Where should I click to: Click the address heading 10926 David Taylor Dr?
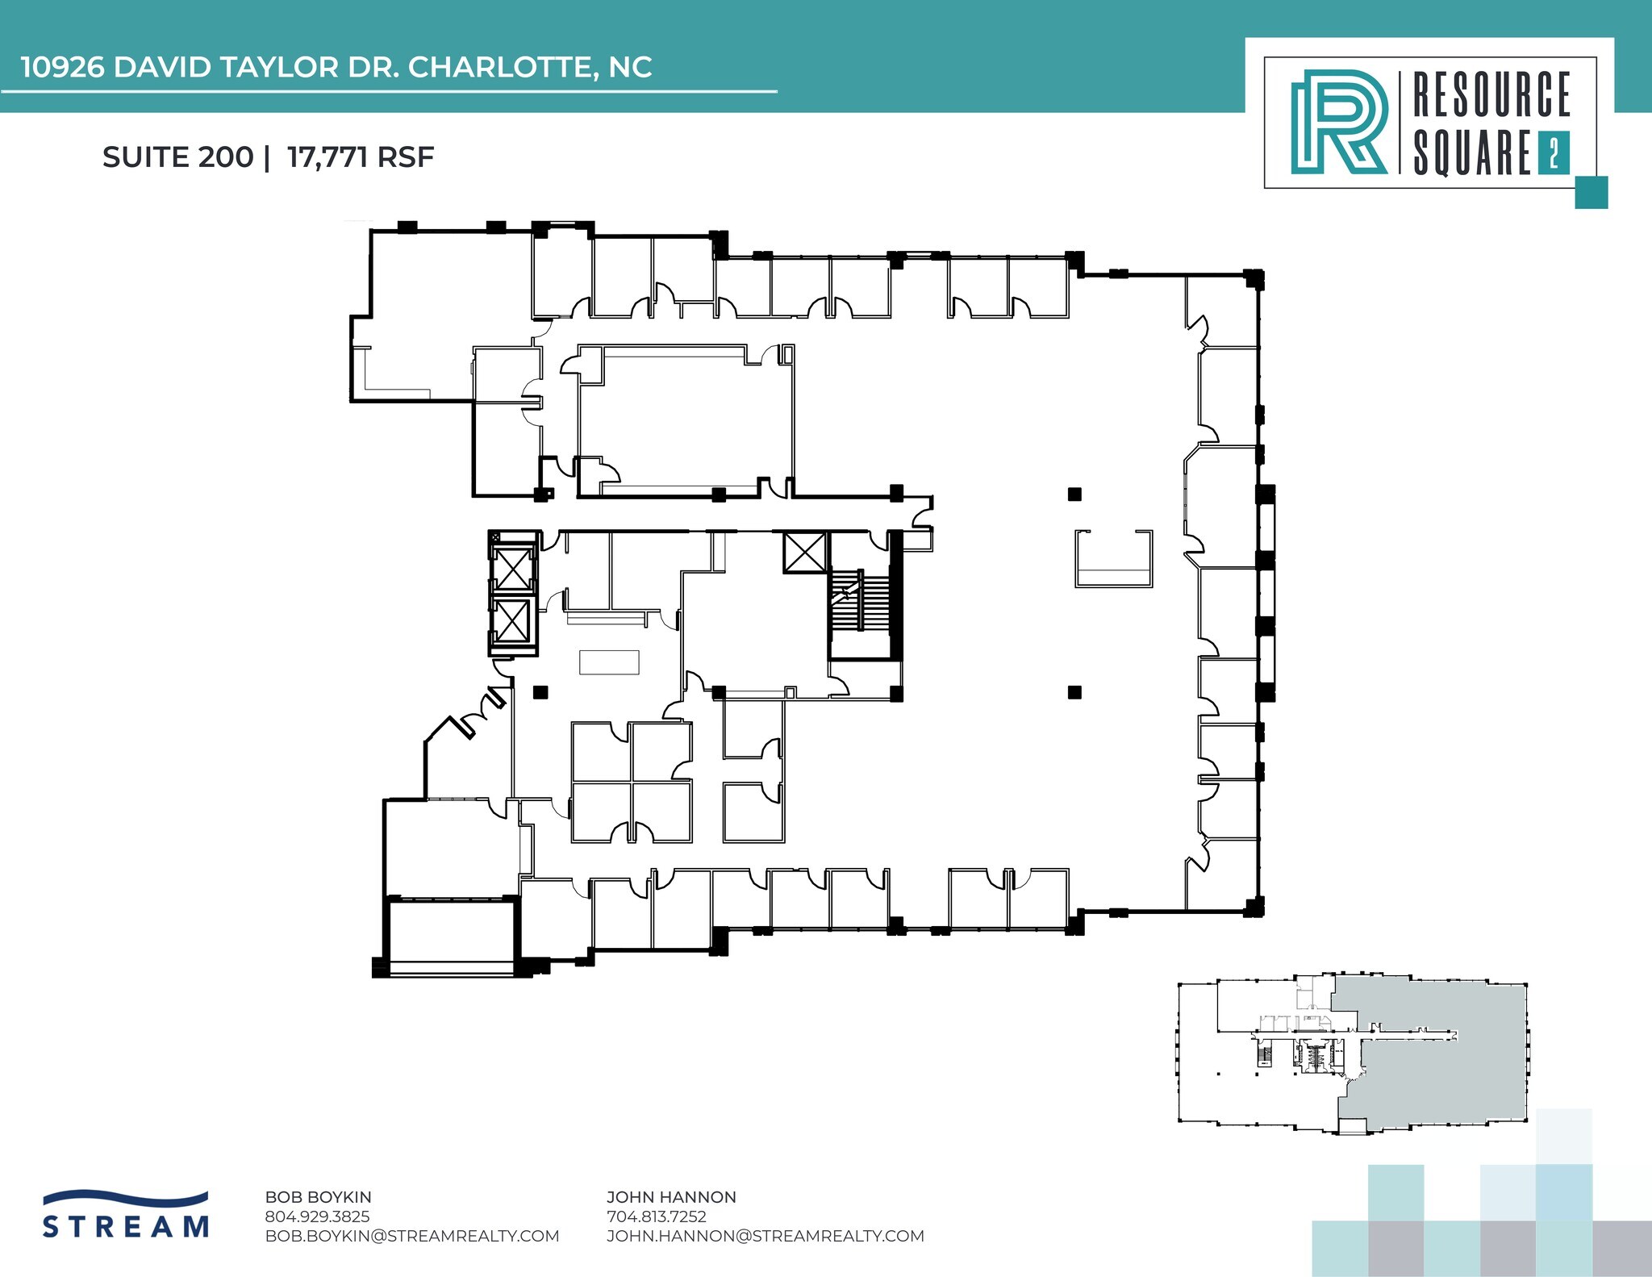(336, 67)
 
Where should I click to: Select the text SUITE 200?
(177, 156)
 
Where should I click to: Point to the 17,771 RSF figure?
(361, 156)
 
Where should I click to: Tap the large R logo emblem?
(1339, 122)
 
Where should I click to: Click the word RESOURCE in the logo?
(1491, 95)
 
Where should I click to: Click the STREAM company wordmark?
(126, 1226)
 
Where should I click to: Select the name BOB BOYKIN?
(318, 1197)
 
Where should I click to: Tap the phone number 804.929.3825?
(317, 1216)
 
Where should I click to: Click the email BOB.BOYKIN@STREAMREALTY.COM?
(412, 1236)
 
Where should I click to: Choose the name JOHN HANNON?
(671, 1197)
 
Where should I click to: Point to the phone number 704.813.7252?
(657, 1216)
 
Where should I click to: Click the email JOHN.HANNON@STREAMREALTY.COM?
(766, 1236)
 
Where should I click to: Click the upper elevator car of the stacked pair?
(513, 568)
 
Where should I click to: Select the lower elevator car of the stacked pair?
(513, 622)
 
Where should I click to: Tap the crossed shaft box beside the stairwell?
(805, 553)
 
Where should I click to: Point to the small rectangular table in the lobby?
(609, 662)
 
